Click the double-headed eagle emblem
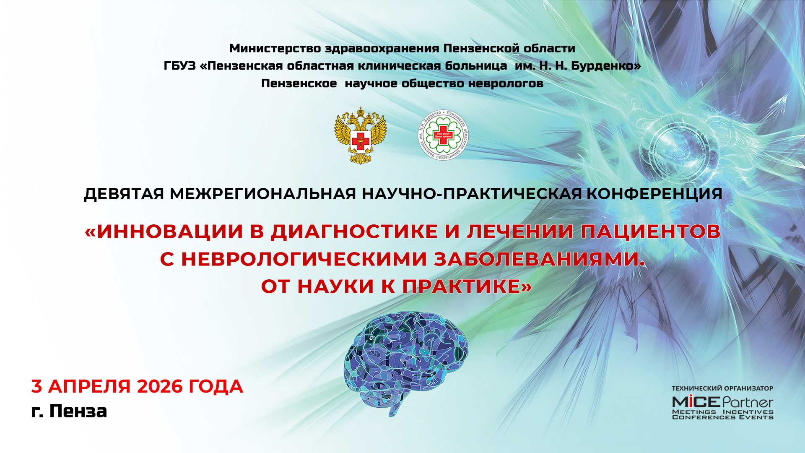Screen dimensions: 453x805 click(x=360, y=135)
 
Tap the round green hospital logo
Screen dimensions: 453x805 click(x=443, y=135)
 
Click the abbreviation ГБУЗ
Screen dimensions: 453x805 click(x=180, y=66)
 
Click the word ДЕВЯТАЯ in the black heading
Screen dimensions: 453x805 click(x=124, y=194)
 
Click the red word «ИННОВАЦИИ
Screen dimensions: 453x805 click(x=164, y=232)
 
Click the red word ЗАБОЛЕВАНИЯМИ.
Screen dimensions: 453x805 click(x=538, y=259)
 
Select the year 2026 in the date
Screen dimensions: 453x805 click(x=160, y=386)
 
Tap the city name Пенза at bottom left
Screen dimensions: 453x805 click(x=78, y=411)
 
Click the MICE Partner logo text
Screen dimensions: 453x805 click(x=722, y=402)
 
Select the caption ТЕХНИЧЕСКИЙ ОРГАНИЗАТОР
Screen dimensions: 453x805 click(x=722, y=388)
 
